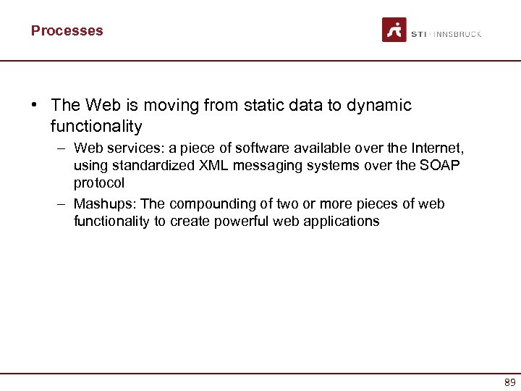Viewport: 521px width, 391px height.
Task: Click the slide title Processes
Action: pos(67,30)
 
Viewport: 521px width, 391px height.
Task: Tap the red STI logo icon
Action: pos(394,30)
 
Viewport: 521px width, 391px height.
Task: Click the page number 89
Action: pos(510,382)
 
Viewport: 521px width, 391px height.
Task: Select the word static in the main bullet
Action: pos(260,105)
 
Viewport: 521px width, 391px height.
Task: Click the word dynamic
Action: pos(378,105)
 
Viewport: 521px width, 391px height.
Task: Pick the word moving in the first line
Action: pos(163,105)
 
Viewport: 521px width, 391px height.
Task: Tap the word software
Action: pos(260,148)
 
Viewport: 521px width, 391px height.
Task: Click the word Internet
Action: pos(437,148)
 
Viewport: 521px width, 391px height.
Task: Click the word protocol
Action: pos(99,183)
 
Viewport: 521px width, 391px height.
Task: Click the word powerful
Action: pos(240,221)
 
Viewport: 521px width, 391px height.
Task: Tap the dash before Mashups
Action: pos(63,203)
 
